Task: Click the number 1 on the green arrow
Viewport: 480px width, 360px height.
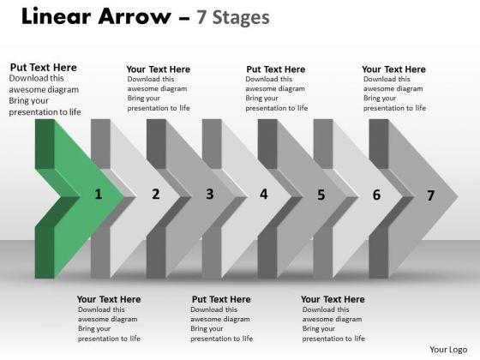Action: point(98,194)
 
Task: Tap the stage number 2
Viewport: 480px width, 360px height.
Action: point(156,194)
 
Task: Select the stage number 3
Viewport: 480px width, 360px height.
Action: point(210,194)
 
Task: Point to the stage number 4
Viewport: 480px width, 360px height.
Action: point(264,194)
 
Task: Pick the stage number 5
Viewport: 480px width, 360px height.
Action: point(321,195)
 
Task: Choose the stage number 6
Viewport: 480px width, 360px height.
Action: point(376,195)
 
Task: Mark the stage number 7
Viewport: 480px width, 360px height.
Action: point(430,195)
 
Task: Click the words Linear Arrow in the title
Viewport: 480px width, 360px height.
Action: point(96,16)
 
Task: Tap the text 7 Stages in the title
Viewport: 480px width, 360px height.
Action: point(233,18)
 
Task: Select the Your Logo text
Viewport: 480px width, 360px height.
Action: point(448,350)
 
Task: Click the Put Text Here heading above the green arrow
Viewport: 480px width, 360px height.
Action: point(44,68)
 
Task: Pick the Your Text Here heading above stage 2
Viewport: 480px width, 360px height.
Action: point(159,69)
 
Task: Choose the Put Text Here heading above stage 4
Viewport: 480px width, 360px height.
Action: point(276,69)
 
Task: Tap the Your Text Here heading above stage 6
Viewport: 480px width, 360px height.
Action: point(393,69)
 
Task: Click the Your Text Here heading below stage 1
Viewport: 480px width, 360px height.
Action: point(109,299)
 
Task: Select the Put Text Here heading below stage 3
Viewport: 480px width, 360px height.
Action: point(221,299)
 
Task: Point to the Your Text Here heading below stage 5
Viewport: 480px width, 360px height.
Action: point(333,299)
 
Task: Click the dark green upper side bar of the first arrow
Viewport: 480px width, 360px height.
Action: point(45,144)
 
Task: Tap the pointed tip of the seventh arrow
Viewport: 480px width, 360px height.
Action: point(458,197)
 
